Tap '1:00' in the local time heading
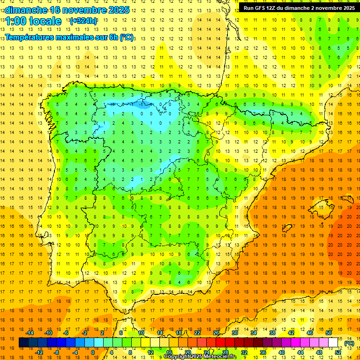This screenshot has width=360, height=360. pyautogui.click(x=17, y=21)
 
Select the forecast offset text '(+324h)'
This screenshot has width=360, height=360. pyautogui.click(x=83, y=21)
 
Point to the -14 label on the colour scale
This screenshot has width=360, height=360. pyautogui.click(x=30, y=333)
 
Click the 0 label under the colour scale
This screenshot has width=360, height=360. pyautogui.click(x=93, y=352)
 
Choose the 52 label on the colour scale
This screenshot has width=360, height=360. pyautogui.click(x=338, y=352)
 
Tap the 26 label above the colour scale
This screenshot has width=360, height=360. pyautogui.click(x=216, y=333)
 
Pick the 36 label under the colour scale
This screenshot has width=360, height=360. pyautogui.click(x=263, y=352)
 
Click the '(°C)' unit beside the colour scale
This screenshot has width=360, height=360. pyautogui.click(x=349, y=343)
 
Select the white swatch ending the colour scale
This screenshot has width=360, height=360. pyautogui.click(x=333, y=343)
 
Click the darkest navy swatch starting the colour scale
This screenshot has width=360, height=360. pyautogui.click(x=23, y=343)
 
